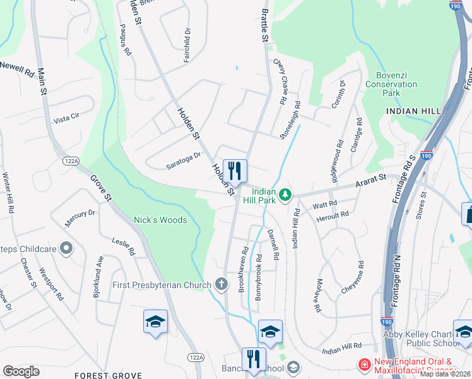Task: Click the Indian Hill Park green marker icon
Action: [x=285, y=195]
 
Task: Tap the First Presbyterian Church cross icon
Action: [x=221, y=285]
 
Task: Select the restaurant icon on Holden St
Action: [x=235, y=171]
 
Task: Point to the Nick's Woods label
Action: [x=160, y=220]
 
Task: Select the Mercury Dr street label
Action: [x=80, y=218]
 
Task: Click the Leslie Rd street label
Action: [x=124, y=246]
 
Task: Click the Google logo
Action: [x=21, y=371]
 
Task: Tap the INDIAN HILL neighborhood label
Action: [x=413, y=111]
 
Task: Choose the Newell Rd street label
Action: [x=17, y=68]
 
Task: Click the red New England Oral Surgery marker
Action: [x=364, y=365]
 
